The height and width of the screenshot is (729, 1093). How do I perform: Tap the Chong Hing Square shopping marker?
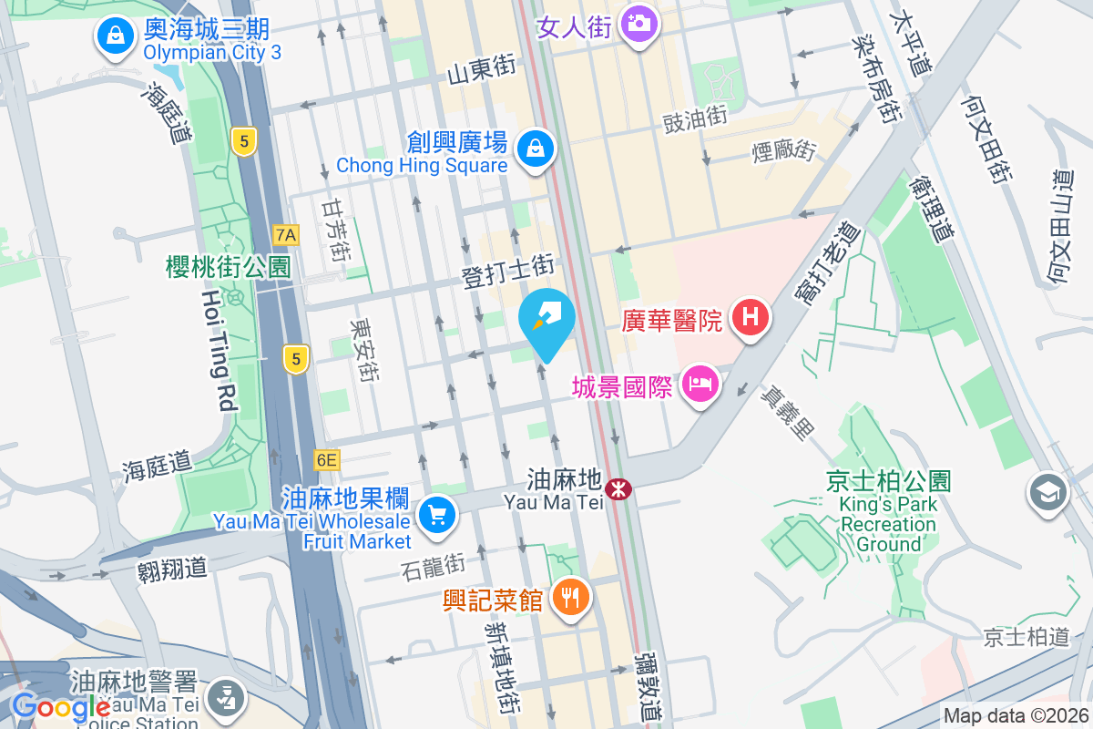point(536,148)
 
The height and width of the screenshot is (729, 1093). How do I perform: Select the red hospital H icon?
point(751,318)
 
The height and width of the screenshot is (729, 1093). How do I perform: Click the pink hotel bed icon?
point(700,384)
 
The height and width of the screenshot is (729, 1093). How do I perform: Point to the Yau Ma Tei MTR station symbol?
point(619,489)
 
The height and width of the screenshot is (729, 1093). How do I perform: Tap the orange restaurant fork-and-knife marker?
point(571,598)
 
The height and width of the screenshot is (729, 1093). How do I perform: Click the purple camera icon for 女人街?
point(638,22)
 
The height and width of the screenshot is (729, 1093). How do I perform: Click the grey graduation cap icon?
point(1048,493)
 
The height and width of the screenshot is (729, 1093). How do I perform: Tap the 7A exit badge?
point(286,235)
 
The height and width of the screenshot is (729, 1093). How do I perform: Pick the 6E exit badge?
point(326,460)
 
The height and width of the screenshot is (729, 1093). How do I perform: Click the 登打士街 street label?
point(508,270)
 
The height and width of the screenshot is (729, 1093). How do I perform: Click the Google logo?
point(61,706)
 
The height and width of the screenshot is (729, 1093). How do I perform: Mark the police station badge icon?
point(222,699)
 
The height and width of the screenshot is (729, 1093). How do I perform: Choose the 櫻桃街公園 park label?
point(229,267)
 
